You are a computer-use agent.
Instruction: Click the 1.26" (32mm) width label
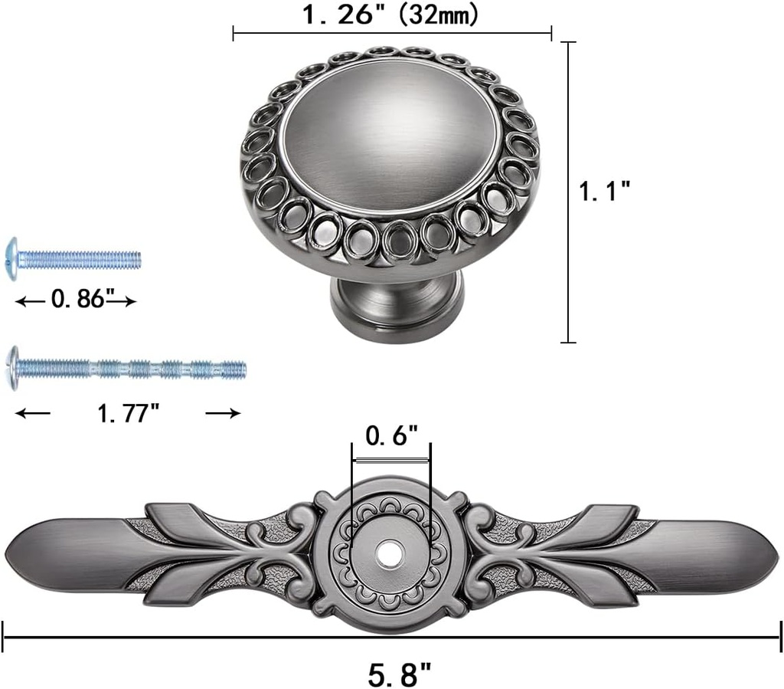coord(391,15)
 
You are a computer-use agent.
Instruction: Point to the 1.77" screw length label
coord(129,413)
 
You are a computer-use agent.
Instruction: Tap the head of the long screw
coord(11,368)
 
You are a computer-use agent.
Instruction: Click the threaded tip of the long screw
coord(237,370)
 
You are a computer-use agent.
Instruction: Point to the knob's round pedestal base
coord(397,303)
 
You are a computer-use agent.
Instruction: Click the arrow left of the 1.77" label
coord(32,413)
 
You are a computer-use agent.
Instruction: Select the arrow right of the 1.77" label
coord(223,413)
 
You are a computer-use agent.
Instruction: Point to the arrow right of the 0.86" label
coord(122,301)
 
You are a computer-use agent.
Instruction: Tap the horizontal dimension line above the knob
coord(391,34)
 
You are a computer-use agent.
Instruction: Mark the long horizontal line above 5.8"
coord(391,635)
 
